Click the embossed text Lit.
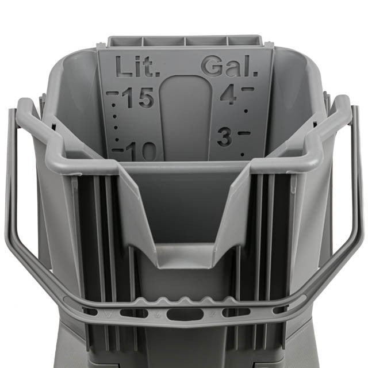click(x=138, y=67)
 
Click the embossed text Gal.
click(x=229, y=66)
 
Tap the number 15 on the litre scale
click(x=138, y=98)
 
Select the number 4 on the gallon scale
click(x=229, y=94)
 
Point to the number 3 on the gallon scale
click(x=225, y=137)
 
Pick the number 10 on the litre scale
click(x=141, y=151)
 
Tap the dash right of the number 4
click(x=248, y=90)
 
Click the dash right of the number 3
click(x=244, y=133)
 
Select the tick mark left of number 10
click(x=117, y=150)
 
